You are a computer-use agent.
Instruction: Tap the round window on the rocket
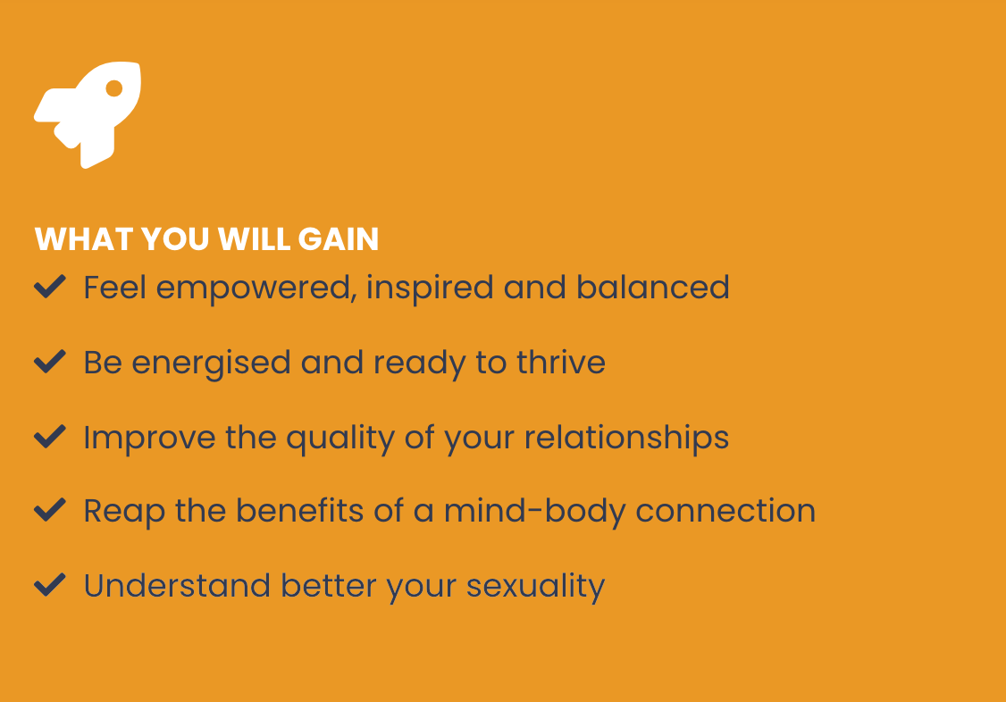click(114, 88)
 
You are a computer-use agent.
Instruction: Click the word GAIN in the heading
click(338, 239)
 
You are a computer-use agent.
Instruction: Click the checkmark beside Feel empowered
click(50, 287)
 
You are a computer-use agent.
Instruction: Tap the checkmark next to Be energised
click(50, 362)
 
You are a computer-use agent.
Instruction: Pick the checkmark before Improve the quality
click(50, 437)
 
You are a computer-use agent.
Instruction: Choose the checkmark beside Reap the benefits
click(50, 510)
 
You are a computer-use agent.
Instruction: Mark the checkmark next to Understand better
click(50, 585)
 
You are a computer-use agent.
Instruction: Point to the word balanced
click(652, 287)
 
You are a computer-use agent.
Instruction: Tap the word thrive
click(561, 362)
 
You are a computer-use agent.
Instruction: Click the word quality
click(340, 439)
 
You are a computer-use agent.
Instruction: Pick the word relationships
click(627, 439)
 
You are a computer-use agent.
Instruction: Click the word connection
click(725, 511)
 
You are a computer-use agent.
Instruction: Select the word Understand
click(177, 585)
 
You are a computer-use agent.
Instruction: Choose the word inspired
click(430, 288)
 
